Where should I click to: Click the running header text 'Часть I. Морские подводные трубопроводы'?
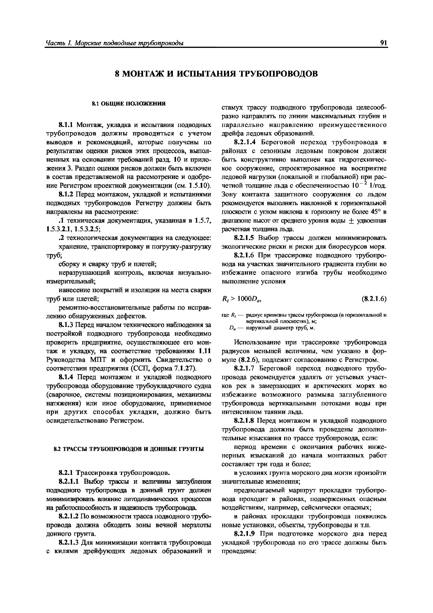pos(115,43)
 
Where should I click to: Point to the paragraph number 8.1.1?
pos(66,125)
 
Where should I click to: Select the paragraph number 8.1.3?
pos(66,325)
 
